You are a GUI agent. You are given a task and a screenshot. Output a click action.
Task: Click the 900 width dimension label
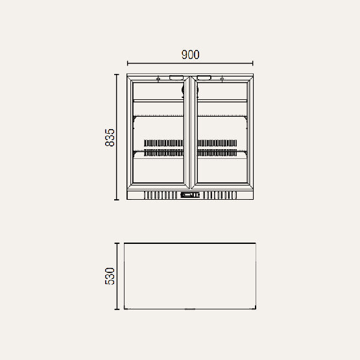[x=189, y=55]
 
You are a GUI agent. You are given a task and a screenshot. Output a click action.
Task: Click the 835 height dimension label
[x=110, y=137]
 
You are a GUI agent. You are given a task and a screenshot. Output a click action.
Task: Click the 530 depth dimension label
[x=110, y=276]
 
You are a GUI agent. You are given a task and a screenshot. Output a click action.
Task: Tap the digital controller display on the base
[x=190, y=195]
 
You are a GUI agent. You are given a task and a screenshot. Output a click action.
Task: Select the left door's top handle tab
[x=176, y=78]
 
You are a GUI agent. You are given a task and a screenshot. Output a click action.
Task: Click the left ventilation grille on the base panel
[x=160, y=195]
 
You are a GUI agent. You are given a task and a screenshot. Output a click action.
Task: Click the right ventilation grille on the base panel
[x=220, y=195]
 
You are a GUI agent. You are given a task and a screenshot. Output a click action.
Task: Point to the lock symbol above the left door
[x=158, y=79]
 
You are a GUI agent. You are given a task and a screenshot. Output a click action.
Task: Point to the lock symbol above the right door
[x=222, y=79]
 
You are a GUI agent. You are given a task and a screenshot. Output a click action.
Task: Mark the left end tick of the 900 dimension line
[x=127, y=64]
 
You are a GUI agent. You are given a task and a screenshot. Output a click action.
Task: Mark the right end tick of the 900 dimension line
[x=253, y=64]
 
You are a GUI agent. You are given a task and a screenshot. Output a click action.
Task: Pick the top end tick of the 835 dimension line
[x=117, y=75]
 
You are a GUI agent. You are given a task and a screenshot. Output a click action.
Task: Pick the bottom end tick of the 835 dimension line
[x=117, y=200]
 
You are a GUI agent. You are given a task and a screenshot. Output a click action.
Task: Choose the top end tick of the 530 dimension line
[x=117, y=243]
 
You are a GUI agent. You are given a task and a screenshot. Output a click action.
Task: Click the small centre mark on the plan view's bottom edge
[x=189, y=309]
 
